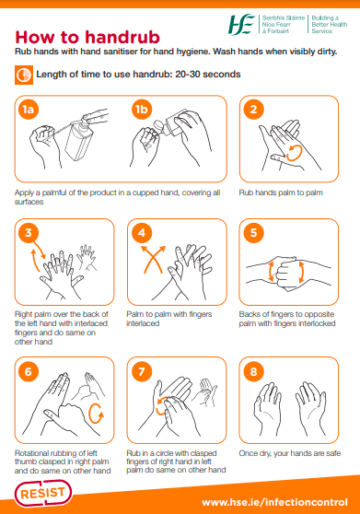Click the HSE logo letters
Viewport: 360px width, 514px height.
tap(241, 24)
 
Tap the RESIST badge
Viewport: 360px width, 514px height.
tap(43, 494)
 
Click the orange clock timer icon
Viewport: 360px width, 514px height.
tap(24, 75)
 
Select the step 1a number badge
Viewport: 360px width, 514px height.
tap(29, 110)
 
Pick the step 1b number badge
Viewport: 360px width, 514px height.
tap(142, 110)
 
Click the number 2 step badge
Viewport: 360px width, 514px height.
tap(253, 110)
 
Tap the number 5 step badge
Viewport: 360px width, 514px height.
tap(253, 233)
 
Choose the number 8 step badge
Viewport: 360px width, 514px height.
tap(253, 372)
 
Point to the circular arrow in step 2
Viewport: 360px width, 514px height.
tap(294, 153)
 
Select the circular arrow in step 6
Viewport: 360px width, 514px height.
tap(96, 414)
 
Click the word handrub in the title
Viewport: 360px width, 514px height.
tap(122, 37)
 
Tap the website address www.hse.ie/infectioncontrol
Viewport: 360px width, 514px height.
tap(274, 502)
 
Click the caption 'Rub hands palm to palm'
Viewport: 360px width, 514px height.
tap(281, 193)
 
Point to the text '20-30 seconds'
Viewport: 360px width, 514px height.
tap(208, 74)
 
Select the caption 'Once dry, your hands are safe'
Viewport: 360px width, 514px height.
tap(290, 453)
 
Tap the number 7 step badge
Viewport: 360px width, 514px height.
tap(142, 372)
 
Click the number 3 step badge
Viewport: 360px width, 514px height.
tap(29, 233)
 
